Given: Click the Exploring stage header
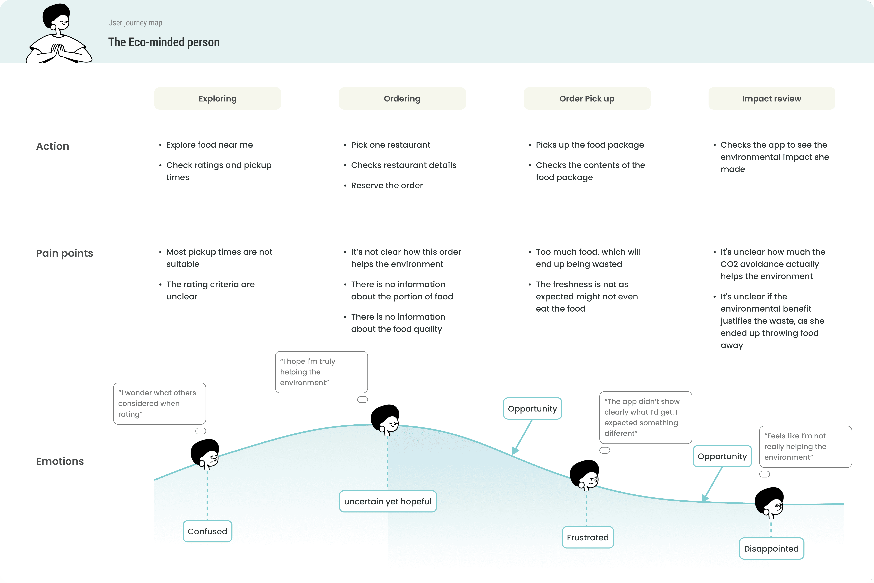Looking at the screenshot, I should pyautogui.click(x=218, y=99).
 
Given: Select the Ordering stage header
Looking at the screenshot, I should pyautogui.click(x=402, y=99).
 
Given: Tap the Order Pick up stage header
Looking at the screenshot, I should pyautogui.click(x=587, y=99).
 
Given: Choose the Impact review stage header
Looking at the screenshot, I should pyautogui.click(x=772, y=99).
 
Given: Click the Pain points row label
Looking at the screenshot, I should pyautogui.click(x=64, y=253).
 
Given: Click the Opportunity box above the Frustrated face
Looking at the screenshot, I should pyautogui.click(x=532, y=409).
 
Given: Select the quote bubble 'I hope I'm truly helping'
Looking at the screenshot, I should pyautogui.click(x=321, y=372).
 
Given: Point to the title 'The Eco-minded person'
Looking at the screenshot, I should pyautogui.click(x=164, y=42).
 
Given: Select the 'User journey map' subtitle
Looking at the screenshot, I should pyautogui.click(x=135, y=23).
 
